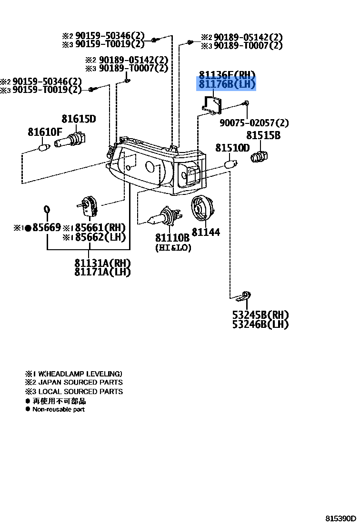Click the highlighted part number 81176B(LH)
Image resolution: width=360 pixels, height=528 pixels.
(227, 85)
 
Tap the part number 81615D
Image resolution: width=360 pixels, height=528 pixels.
(79, 119)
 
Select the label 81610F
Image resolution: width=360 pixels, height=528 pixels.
(45, 132)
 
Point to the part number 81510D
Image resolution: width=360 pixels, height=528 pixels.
(232, 148)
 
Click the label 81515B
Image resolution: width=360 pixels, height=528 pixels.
(263, 136)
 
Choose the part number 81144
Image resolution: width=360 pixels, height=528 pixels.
(206, 232)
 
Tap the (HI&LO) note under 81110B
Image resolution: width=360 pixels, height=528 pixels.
(173, 248)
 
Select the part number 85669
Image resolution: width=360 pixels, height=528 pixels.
(46, 228)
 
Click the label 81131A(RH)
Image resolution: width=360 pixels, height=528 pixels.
(102, 263)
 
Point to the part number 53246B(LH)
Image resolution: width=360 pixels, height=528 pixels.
(260, 325)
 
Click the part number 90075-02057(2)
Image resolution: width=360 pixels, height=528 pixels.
(254, 123)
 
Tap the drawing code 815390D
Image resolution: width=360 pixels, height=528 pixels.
(341, 518)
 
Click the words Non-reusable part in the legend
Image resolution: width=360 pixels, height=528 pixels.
(59, 409)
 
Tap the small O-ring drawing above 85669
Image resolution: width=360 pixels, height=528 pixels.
(47, 209)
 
